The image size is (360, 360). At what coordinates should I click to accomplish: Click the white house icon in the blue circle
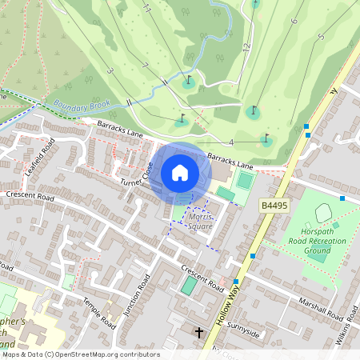click(x=180, y=173)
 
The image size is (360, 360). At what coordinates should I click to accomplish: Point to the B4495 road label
click(x=274, y=206)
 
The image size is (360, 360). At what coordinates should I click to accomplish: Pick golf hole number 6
click(x=294, y=21)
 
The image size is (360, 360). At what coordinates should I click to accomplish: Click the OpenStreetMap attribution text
click(x=81, y=354)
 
